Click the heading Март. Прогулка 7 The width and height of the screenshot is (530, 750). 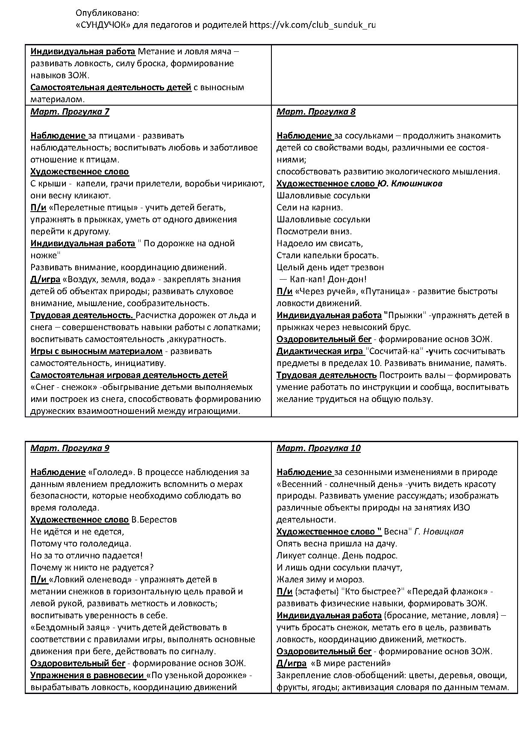point(70,112)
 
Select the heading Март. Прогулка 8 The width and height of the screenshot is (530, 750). point(316,112)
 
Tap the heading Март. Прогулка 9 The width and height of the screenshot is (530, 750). point(70,448)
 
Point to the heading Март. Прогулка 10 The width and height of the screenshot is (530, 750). point(318,448)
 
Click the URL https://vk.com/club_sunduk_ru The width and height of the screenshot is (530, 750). point(313,25)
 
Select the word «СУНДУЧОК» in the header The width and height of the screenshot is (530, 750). point(103,25)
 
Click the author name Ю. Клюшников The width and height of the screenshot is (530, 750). point(410,183)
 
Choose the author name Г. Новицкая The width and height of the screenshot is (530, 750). point(439,531)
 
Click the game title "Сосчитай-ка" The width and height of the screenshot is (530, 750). point(394,351)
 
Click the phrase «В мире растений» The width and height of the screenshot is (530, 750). point(351,663)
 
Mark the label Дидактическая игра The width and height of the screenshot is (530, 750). point(320,351)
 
